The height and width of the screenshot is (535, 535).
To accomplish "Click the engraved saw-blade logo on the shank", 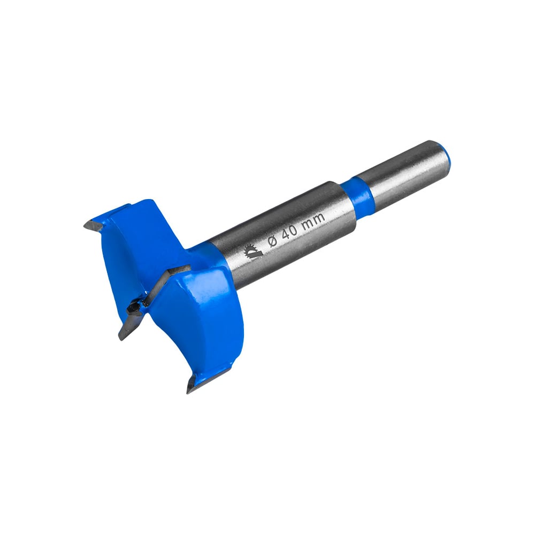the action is point(254,252).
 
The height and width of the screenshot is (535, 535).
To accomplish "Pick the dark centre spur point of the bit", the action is point(134,308).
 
